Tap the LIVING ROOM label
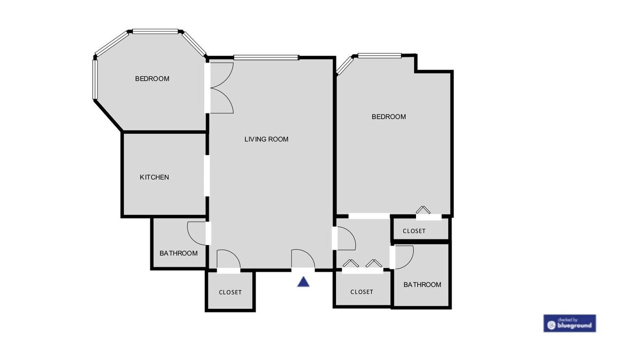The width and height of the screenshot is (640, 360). click(266, 139)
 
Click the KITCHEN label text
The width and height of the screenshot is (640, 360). click(154, 177)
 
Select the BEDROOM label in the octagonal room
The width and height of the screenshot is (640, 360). click(152, 78)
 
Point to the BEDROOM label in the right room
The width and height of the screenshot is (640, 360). click(388, 116)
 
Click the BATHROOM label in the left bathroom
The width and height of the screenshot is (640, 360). click(178, 253)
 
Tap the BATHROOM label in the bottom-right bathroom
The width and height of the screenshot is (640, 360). click(422, 284)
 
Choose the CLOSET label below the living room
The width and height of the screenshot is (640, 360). click(230, 292)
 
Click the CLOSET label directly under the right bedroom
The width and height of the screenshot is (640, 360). click(414, 231)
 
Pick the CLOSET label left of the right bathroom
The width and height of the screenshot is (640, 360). click(361, 291)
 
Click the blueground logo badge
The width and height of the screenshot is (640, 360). click(569, 323)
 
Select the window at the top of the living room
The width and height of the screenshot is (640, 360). click(266, 57)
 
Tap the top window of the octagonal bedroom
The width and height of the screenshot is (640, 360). click(155, 31)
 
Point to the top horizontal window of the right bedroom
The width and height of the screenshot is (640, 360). click(379, 56)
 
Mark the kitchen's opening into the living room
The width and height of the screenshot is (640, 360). click(207, 175)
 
